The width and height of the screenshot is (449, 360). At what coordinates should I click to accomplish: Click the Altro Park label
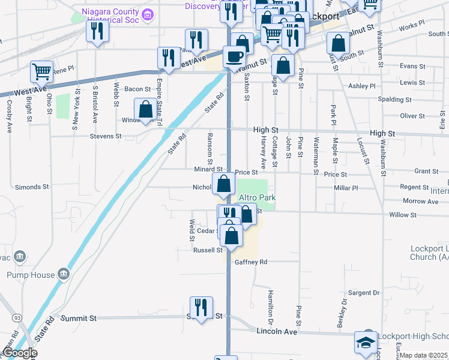(x=256, y=197)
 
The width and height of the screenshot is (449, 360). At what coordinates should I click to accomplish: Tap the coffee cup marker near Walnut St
(x=234, y=57)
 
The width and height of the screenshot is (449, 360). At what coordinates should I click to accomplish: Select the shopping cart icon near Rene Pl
(x=41, y=72)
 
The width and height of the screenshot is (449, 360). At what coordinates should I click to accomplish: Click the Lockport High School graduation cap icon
(x=365, y=343)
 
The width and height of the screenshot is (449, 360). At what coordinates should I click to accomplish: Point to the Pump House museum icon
(x=63, y=275)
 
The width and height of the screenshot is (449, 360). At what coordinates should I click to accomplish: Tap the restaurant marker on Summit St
(x=201, y=308)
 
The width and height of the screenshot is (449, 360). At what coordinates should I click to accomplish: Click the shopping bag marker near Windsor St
(x=145, y=110)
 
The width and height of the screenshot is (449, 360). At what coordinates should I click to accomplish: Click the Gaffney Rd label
(x=250, y=262)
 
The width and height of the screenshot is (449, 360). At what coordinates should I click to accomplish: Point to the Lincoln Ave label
(x=277, y=331)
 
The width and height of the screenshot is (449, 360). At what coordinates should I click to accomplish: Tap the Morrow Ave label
(x=421, y=201)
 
